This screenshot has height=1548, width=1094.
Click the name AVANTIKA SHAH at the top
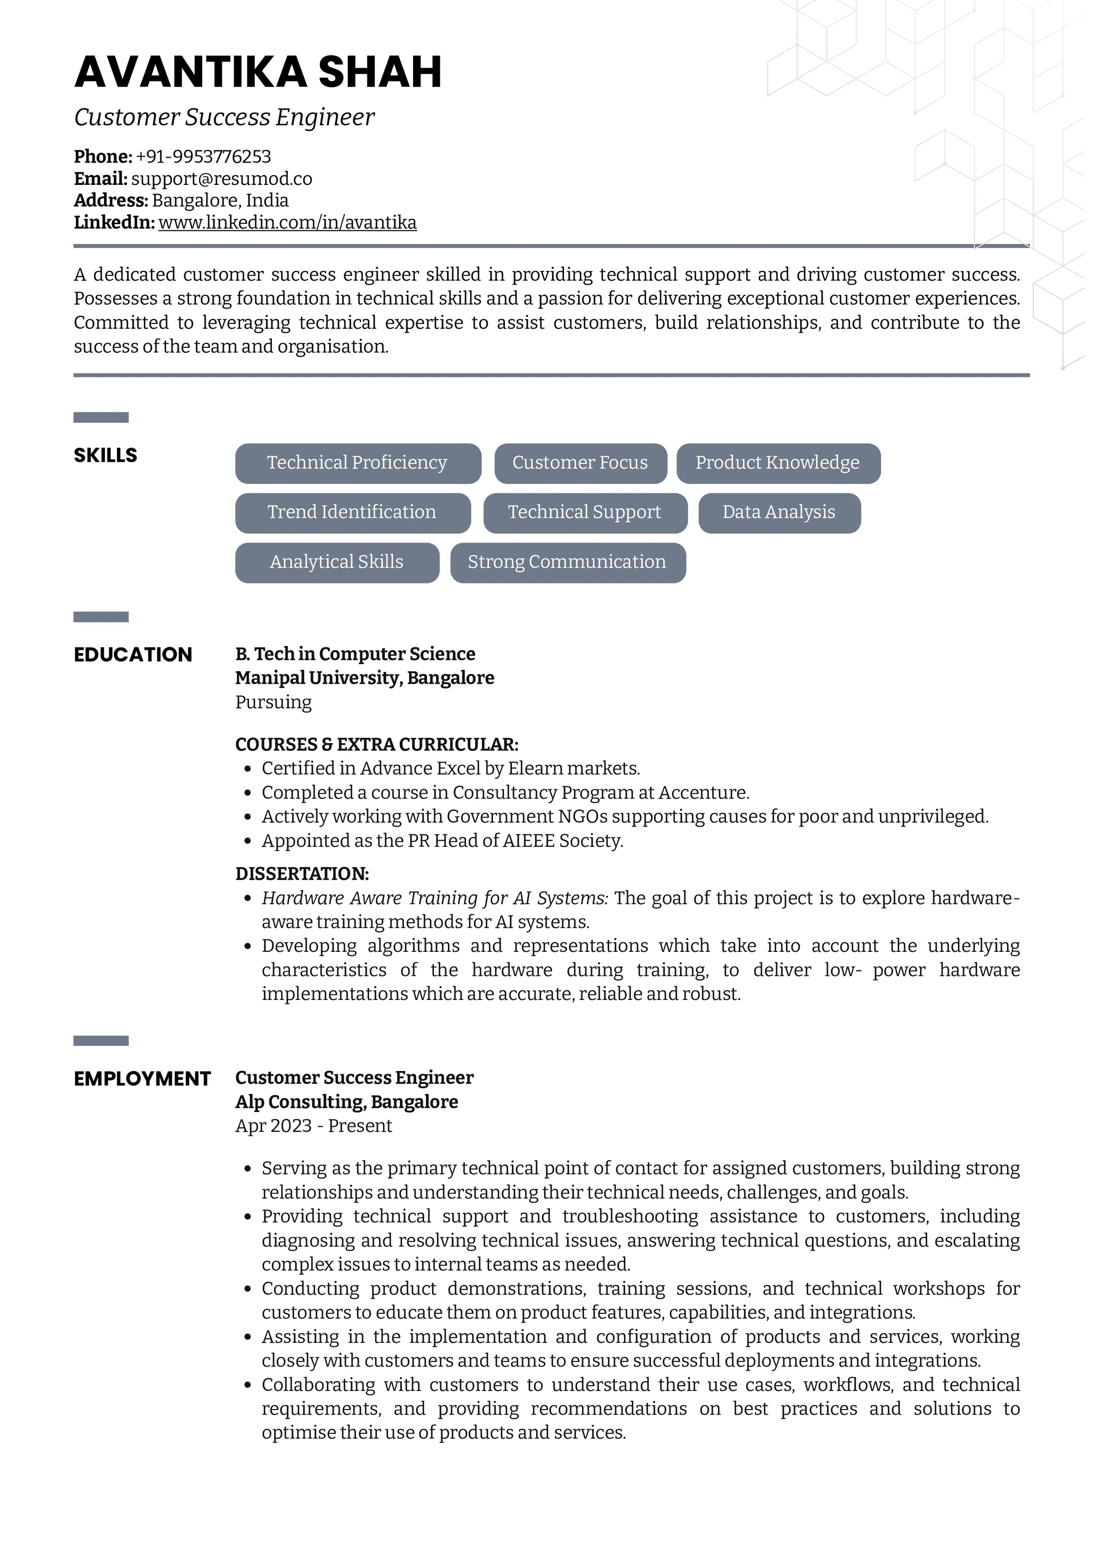point(258,72)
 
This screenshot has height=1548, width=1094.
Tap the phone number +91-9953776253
point(203,156)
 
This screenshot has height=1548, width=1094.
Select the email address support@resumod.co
point(221,179)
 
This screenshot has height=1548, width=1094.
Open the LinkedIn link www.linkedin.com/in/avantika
point(287,223)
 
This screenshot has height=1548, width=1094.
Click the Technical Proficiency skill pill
point(357,463)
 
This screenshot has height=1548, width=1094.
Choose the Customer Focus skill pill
point(580,463)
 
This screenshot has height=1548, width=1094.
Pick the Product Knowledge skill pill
point(777,463)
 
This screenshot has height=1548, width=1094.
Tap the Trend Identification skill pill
point(352,513)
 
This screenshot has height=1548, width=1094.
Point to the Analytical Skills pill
point(336,562)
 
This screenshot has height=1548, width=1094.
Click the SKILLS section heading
point(105,456)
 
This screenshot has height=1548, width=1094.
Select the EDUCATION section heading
point(133,655)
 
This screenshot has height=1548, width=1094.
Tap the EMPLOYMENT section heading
point(142,1079)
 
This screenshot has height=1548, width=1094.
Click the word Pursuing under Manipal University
point(273,702)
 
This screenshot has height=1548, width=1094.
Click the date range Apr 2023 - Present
point(313,1125)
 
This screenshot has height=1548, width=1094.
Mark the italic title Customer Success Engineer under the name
point(224,117)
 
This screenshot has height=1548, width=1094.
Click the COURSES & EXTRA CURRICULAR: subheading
point(376,744)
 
